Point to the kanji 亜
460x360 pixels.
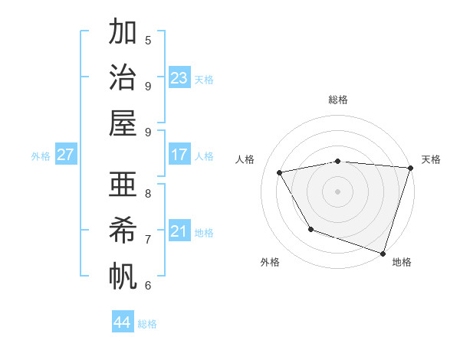click(x=123, y=185)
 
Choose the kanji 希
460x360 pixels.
click(x=123, y=230)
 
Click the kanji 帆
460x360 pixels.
click(x=123, y=275)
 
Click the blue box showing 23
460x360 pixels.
click(x=179, y=78)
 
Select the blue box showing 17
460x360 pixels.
click(x=179, y=155)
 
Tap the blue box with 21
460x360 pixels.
click(x=179, y=231)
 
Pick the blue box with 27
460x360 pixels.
click(x=65, y=155)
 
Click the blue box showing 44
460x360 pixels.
click(x=122, y=322)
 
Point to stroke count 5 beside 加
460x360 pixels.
click(x=148, y=40)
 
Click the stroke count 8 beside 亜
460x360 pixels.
click(x=148, y=192)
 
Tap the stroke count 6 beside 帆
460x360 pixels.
click(x=148, y=285)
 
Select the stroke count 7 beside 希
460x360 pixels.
click(x=148, y=239)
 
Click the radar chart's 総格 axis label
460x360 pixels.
click(x=337, y=100)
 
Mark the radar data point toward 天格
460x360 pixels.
click(x=410, y=168)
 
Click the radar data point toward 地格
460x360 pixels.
click(x=383, y=253)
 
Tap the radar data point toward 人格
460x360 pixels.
click(x=280, y=173)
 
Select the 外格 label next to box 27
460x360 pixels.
click(x=41, y=156)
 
